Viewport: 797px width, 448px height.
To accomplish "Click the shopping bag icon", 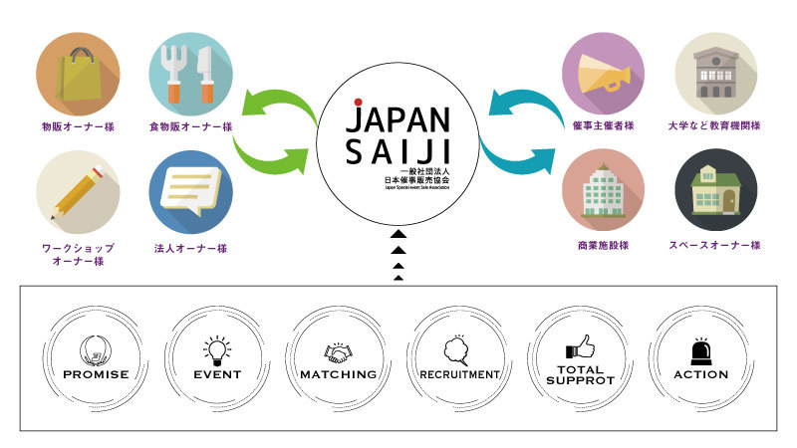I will pos(78,75).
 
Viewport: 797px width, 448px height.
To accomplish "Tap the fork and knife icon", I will pos(190,75).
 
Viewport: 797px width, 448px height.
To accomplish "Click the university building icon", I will pos(715,75).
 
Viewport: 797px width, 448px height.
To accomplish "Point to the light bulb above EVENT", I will pos(216,349).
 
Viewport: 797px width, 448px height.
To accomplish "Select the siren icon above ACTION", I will pos(700,350).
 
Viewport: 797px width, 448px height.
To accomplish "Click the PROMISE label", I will pos(96,375).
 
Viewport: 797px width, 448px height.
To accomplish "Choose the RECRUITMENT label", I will pos(458,375).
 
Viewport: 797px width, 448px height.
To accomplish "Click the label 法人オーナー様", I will pos(190,246).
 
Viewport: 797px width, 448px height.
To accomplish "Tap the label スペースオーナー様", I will pos(715,245).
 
